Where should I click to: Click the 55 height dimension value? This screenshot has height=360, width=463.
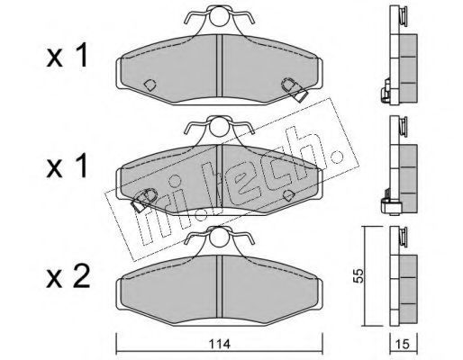tap(359, 276)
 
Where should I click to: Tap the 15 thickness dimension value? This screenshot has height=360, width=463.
tap(403, 345)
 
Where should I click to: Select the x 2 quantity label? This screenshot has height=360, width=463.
tap(68, 278)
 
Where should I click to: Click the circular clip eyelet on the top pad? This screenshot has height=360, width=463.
tap(219, 17)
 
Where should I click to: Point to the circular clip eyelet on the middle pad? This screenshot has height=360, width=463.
tap(219, 127)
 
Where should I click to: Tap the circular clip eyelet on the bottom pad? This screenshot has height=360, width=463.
tap(219, 238)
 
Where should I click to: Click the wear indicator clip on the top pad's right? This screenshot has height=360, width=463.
tap(295, 89)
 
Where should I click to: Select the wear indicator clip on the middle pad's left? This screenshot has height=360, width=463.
tap(143, 200)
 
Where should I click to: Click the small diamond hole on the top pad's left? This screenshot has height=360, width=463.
tap(150, 85)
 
